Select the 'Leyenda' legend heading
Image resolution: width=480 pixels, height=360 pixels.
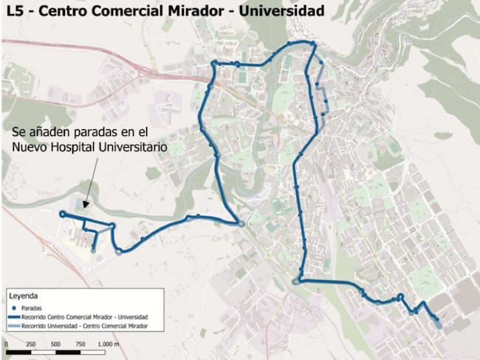click(x=21, y=294)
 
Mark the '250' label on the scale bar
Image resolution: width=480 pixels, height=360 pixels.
click(x=30, y=344)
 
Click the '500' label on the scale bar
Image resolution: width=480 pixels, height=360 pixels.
click(x=56, y=344)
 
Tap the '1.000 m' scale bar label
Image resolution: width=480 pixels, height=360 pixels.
click(x=109, y=344)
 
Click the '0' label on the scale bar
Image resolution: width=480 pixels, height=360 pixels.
click(x=5, y=344)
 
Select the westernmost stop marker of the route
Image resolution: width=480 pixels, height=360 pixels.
click(x=62, y=214)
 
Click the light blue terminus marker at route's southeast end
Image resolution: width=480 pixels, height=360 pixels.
click(x=439, y=324)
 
